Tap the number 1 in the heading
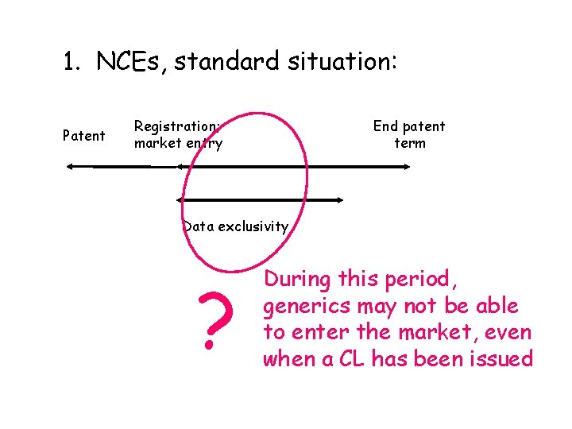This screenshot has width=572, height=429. pyautogui.click(x=70, y=62)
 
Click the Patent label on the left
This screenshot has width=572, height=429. pyautogui.click(x=84, y=136)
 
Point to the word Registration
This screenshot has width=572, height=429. pyautogui.click(x=177, y=126)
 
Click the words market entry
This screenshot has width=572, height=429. pyautogui.click(x=178, y=144)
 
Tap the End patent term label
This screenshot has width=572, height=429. pyautogui.click(x=409, y=134)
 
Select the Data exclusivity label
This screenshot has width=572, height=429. pyautogui.click(x=236, y=226)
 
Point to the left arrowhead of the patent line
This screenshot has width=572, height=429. pyautogui.click(x=70, y=166)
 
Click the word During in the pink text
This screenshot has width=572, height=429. pyautogui.click(x=298, y=280)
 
